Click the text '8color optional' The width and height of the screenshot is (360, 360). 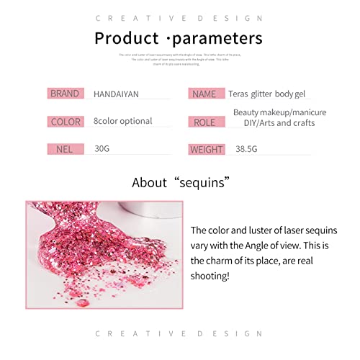pyautogui.click(x=122, y=121)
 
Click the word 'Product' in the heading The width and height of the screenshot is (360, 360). pyautogui.click(x=130, y=38)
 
